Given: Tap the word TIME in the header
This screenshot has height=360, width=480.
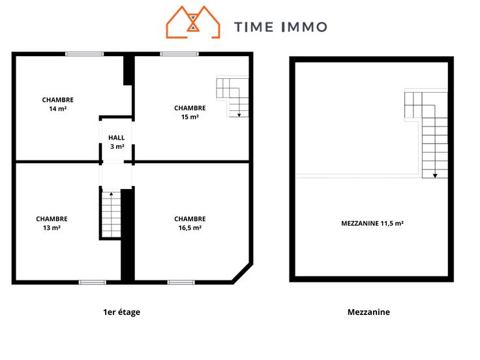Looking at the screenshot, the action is [x=254, y=27].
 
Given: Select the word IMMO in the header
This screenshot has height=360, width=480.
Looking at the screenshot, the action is [x=304, y=27].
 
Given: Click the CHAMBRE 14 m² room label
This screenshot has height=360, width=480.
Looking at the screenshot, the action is [x=58, y=104].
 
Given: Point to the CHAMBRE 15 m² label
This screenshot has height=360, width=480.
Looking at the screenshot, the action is [x=190, y=112].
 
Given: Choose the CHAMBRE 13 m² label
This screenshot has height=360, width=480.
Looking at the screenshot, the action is [x=52, y=223].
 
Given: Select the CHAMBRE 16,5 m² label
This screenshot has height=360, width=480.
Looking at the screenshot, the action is [x=190, y=223].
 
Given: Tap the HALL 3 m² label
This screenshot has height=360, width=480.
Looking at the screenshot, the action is [x=117, y=142].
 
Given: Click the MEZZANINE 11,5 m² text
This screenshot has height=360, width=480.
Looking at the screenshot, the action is [x=372, y=223].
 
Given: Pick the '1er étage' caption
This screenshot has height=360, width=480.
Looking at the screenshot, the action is [x=121, y=312].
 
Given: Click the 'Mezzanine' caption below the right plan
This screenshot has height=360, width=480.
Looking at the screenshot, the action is [x=368, y=312].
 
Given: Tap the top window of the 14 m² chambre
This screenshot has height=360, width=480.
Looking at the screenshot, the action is [x=85, y=54].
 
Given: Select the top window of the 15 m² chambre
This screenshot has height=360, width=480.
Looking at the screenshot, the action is [x=179, y=54].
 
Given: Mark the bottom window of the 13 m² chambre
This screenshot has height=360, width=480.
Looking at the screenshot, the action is [x=93, y=282].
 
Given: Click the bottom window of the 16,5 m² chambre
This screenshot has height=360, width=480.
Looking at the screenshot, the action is [x=181, y=282].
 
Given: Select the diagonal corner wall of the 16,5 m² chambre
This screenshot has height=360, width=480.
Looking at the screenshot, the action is [x=243, y=273].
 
